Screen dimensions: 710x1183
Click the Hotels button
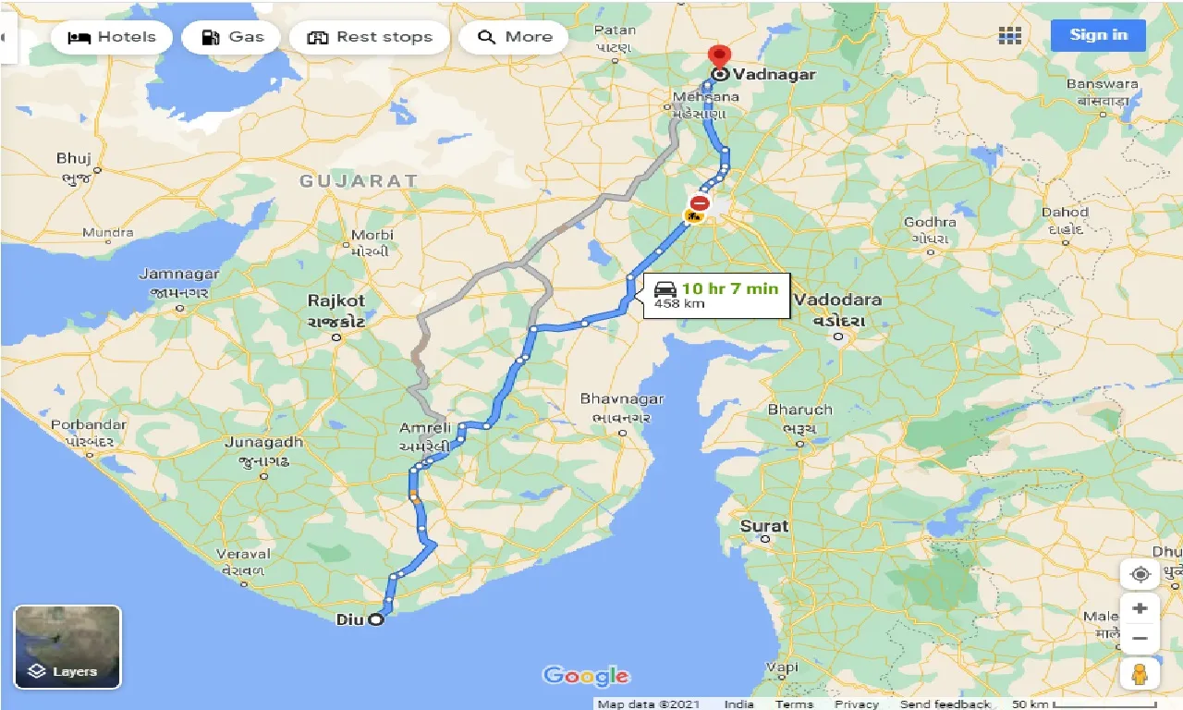pyautogui.click(x=112, y=37)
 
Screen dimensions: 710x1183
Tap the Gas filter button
pyautogui.click(x=231, y=37)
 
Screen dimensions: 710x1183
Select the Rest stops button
pyautogui.click(x=370, y=37)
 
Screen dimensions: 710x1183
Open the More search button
pyautogui.click(x=515, y=37)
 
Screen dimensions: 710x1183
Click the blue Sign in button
pyautogui.click(x=1098, y=35)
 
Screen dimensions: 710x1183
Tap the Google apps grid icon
pyautogui.click(x=1010, y=36)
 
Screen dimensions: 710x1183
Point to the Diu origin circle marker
pyautogui.click(x=376, y=619)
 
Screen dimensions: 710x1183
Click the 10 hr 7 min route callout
pyautogui.click(x=716, y=294)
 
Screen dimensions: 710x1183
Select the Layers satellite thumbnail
pyautogui.click(x=67, y=647)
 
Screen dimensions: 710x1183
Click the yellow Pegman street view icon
pyautogui.click(x=1140, y=673)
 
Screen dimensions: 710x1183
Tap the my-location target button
pyautogui.click(x=1140, y=574)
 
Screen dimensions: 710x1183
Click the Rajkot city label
pyautogui.click(x=336, y=300)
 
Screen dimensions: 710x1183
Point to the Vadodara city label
pyautogui.click(x=838, y=300)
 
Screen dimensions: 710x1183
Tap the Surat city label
pyautogui.click(x=764, y=526)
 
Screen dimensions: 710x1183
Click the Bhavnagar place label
pyautogui.click(x=621, y=398)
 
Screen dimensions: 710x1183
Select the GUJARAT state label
pyautogui.click(x=359, y=181)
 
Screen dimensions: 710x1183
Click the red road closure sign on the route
pyautogui.click(x=700, y=202)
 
